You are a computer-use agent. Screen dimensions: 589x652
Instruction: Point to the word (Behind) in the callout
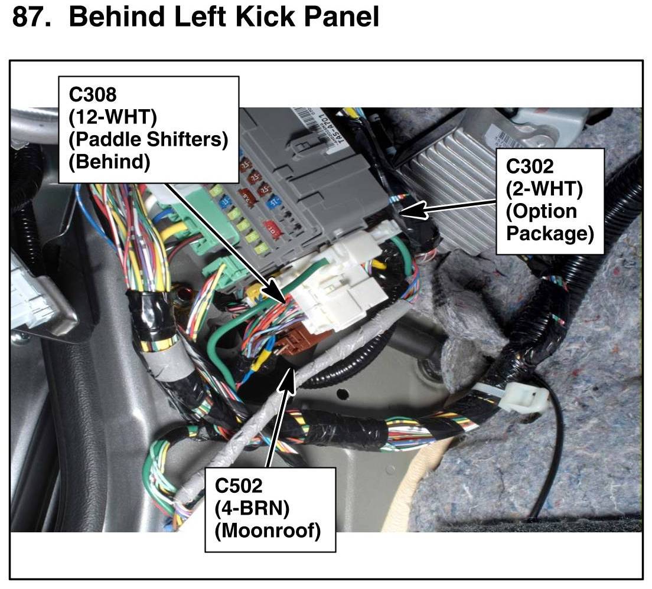click(x=109, y=161)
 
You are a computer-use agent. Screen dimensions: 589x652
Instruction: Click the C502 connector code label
click(x=239, y=487)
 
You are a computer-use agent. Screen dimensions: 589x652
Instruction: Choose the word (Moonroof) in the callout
click(x=268, y=531)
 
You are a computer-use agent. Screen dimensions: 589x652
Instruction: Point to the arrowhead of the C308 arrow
click(x=278, y=295)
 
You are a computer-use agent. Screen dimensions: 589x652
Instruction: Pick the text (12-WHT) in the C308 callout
click(x=113, y=117)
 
